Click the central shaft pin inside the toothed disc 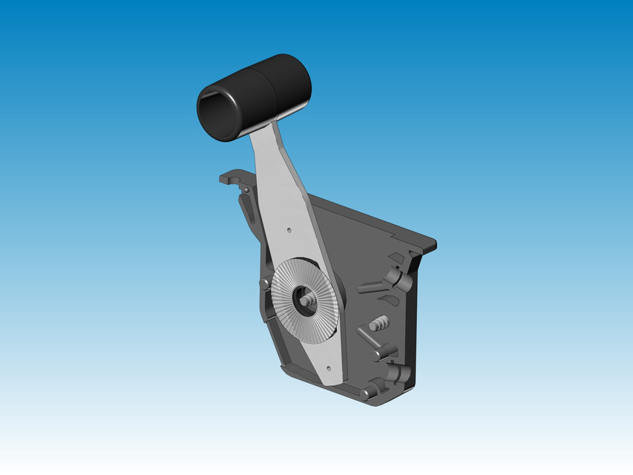306,301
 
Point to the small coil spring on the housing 378,323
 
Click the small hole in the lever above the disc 288,229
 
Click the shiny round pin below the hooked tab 246,190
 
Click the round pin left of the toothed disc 264,284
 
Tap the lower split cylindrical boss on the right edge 401,373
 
